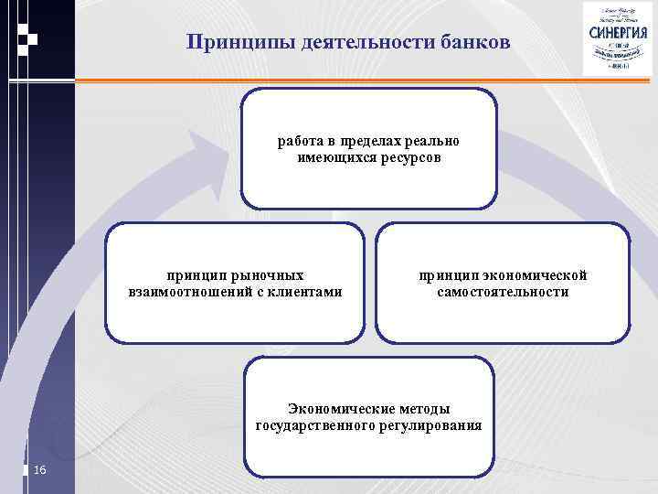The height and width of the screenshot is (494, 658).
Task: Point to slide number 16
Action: (39, 470)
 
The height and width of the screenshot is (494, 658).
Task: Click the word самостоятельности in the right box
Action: (503, 292)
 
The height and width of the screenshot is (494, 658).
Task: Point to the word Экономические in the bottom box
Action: (335, 409)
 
